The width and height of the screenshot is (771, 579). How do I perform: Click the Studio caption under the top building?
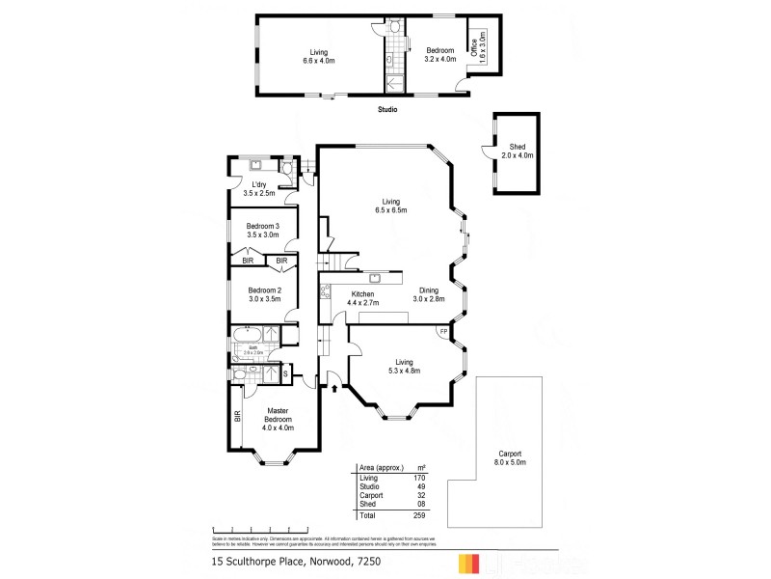tap(387, 109)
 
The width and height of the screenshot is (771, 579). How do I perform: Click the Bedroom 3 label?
tap(262, 230)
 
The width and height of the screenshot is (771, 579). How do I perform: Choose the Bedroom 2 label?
tap(263, 295)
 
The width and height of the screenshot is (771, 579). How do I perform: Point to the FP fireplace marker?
tap(443, 333)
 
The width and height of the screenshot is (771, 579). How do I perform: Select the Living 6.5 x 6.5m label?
tap(390, 206)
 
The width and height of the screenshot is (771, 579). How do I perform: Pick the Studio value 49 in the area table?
tap(420, 486)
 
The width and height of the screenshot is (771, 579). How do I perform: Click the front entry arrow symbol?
tap(334, 389)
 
